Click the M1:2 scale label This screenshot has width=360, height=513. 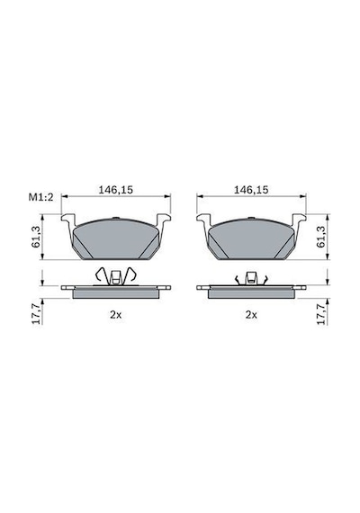40,197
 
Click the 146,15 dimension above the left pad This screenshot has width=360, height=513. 116,190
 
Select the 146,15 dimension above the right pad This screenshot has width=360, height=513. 251,190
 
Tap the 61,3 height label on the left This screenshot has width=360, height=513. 36,236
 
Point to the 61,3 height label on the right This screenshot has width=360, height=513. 321,236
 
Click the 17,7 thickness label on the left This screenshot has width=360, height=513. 36,314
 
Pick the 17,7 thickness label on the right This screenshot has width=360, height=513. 321,314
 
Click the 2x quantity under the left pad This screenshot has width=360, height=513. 116,315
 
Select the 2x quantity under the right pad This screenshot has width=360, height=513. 251,315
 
